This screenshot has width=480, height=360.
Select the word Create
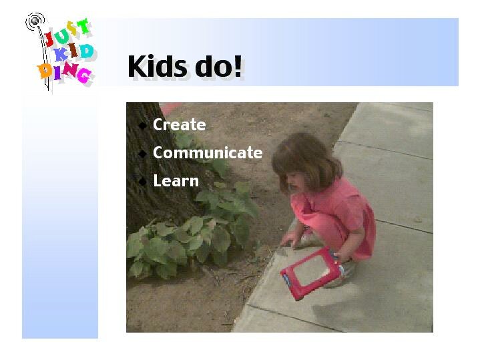click(x=180, y=125)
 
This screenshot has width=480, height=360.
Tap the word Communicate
click(x=208, y=152)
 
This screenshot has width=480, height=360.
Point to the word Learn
click(x=176, y=180)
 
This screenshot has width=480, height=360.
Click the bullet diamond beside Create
click(x=142, y=126)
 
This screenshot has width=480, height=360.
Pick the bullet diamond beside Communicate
click(x=142, y=153)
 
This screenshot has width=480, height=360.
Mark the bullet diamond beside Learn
click(x=142, y=182)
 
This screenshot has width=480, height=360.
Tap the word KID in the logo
click(x=73, y=52)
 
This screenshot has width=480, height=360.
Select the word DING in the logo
click(x=64, y=73)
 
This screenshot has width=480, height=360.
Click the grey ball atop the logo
click(x=35, y=21)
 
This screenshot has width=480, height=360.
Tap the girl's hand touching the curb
click(x=289, y=239)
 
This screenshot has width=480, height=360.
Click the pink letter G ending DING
click(x=85, y=75)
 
